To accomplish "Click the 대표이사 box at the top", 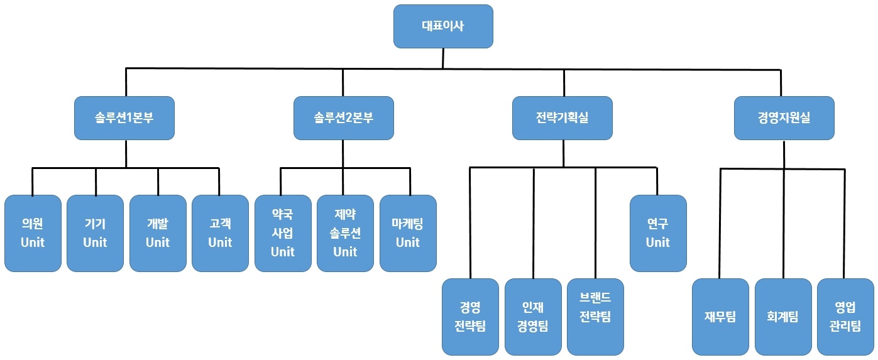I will pyautogui.click(x=443, y=26).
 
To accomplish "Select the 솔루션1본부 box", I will pyautogui.click(x=124, y=117).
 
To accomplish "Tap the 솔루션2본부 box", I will pyautogui.click(x=343, y=117).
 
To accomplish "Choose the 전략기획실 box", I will pyautogui.click(x=562, y=117).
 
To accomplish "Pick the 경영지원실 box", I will pyautogui.click(x=784, y=117).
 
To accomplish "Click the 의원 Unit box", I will pyautogui.click(x=33, y=233).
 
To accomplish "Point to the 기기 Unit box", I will pyautogui.click(x=95, y=233).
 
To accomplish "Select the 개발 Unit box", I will pyautogui.click(x=158, y=233).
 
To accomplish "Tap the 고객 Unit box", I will pyautogui.click(x=220, y=233).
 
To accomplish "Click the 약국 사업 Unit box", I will pyautogui.click(x=283, y=233).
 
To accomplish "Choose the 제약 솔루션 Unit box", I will pyautogui.click(x=345, y=233).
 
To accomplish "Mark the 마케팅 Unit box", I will pyautogui.click(x=408, y=233).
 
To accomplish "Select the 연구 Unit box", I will pyautogui.click(x=658, y=233).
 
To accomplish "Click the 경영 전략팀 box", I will pyautogui.click(x=470, y=317).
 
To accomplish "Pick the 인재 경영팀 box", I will pyautogui.click(x=533, y=317).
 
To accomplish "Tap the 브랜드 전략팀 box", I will pyautogui.click(x=595, y=317).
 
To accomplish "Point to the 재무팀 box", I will pyautogui.click(x=720, y=317).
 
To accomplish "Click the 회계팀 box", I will pyautogui.click(x=782, y=317).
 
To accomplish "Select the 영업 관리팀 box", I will pyautogui.click(x=845, y=317).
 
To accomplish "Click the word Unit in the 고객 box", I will pyautogui.click(x=220, y=243).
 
